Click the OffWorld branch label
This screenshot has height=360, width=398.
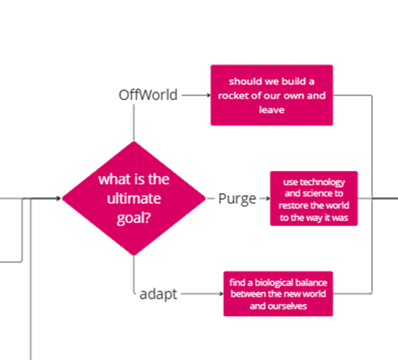(148, 95)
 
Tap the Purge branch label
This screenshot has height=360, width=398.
(237, 199)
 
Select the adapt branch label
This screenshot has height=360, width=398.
(158, 294)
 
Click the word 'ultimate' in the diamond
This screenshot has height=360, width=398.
(133, 198)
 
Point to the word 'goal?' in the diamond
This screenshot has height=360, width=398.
(133, 218)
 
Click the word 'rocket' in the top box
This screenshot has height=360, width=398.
(232, 96)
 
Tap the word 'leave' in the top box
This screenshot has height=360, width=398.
(271, 110)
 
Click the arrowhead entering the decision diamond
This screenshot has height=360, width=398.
(59, 198)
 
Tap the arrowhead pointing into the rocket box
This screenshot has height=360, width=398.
(209, 95)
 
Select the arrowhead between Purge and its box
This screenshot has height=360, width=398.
(268, 198)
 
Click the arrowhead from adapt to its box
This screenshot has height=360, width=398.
(222, 294)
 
